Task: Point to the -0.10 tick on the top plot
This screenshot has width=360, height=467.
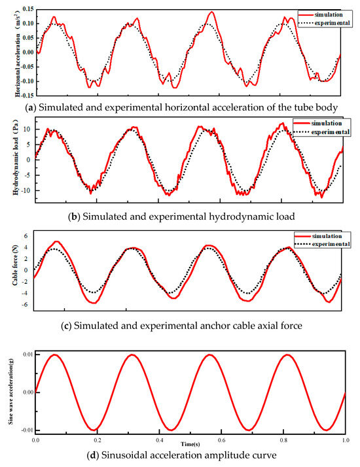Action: tap(24, 82)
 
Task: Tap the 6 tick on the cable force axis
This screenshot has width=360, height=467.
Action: tap(26, 235)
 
